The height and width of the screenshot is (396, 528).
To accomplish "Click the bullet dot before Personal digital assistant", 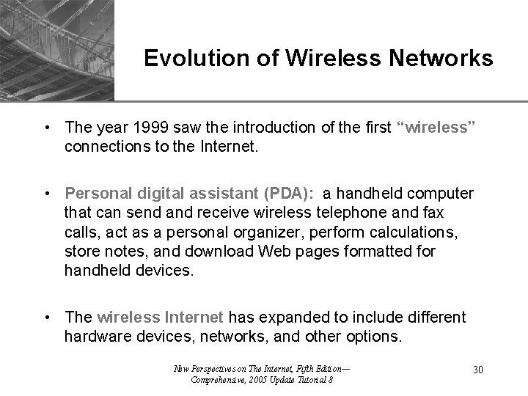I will coord(47,194).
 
